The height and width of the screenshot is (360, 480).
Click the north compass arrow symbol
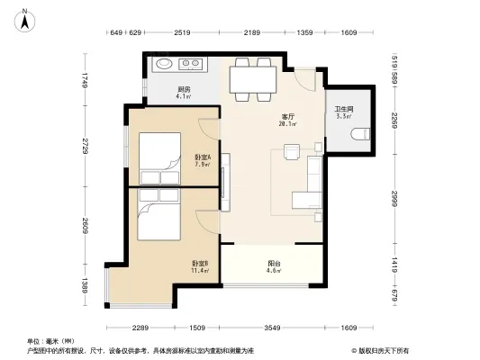[28, 15]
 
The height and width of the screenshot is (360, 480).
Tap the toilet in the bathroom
[361, 134]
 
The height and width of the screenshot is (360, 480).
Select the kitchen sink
[166, 64]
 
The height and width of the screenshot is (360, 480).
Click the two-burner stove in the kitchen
[191, 64]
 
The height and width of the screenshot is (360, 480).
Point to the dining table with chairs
[252, 79]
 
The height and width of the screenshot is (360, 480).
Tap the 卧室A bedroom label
[202, 160]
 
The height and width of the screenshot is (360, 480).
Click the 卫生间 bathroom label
[343, 111]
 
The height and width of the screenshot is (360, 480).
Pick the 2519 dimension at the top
[183, 33]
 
